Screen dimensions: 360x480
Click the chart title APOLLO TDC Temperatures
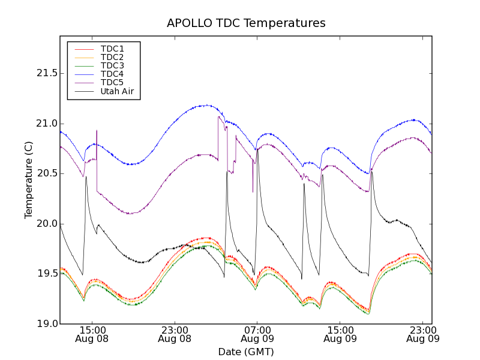click(x=246, y=23)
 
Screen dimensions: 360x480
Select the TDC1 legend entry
click(x=112, y=49)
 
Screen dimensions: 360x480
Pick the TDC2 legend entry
click(x=112, y=57)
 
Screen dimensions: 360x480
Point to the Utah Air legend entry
click(x=117, y=92)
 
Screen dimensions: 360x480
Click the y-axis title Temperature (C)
click(x=28, y=180)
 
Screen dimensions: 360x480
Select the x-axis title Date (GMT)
click(x=246, y=352)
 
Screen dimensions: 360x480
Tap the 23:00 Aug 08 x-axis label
click(x=175, y=334)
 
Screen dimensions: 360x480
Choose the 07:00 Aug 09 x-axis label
click(x=257, y=334)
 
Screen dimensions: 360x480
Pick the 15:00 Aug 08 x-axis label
click(x=92, y=334)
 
